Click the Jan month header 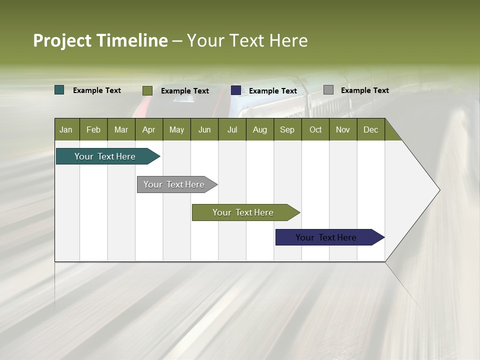[x=66, y=129]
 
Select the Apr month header [x=149, y=129]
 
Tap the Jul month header [x=232, y=129]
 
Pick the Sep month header [x=287, y=129]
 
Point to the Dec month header [x=371, y=129]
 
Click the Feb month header [x=93, y=129]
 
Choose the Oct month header [x=315, y=129]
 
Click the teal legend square [x=59, y=90]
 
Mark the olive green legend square [x=147, y=90]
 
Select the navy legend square [x=236, y=90]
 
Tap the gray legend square [x=328, y=90]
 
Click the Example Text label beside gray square [x=365, y=90]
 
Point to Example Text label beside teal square [x=97, y=90]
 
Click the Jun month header [x=204, y=129]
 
